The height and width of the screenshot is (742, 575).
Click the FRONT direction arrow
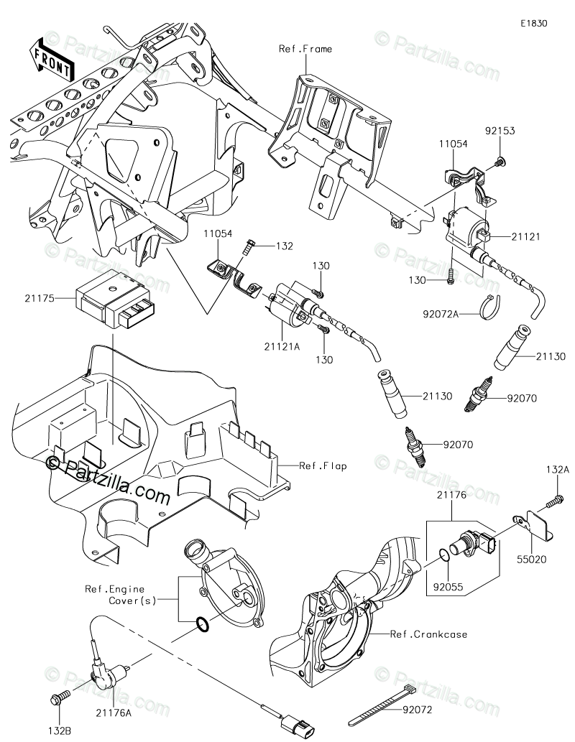pyautogui.click(x=50, y=60)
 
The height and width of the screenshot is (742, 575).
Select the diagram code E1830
pyautogui.click(x=535, y=23)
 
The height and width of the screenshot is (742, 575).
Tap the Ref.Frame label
pyautogui.click(x=305, y=49)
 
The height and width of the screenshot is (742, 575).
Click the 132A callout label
pyautogui.click(x=556, y=469)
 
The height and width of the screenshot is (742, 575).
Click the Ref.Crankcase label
pyautogui.click(x=429, y=634)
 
